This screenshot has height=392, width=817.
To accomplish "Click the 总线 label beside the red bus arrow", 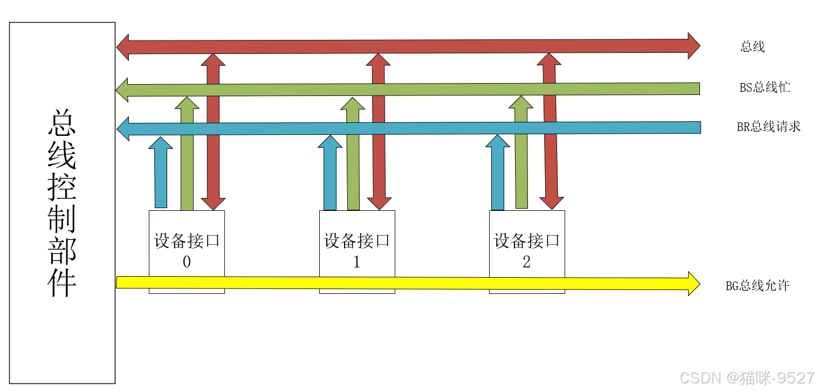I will point(752,47).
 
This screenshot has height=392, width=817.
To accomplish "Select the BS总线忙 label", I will point(765,87).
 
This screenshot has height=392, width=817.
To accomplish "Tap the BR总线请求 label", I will point(768,127).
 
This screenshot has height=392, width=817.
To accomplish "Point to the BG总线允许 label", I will point(757,286).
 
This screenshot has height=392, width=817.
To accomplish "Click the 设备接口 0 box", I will point(187,251).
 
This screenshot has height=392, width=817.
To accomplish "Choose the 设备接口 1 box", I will point(356,251).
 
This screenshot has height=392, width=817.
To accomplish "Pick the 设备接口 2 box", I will point(526,251).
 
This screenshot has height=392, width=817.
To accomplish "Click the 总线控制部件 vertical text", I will point(62,202).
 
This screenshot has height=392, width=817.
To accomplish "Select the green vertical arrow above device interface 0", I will point(187,156).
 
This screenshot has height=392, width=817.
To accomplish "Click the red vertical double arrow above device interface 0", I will point(214,132).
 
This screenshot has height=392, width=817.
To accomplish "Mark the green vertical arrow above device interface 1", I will point(353,156).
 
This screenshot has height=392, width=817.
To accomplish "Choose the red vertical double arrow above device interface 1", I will point(379,132).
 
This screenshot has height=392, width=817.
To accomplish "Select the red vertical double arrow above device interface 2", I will point(550,132).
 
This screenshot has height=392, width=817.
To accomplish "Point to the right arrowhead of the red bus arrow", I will point(694,45).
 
